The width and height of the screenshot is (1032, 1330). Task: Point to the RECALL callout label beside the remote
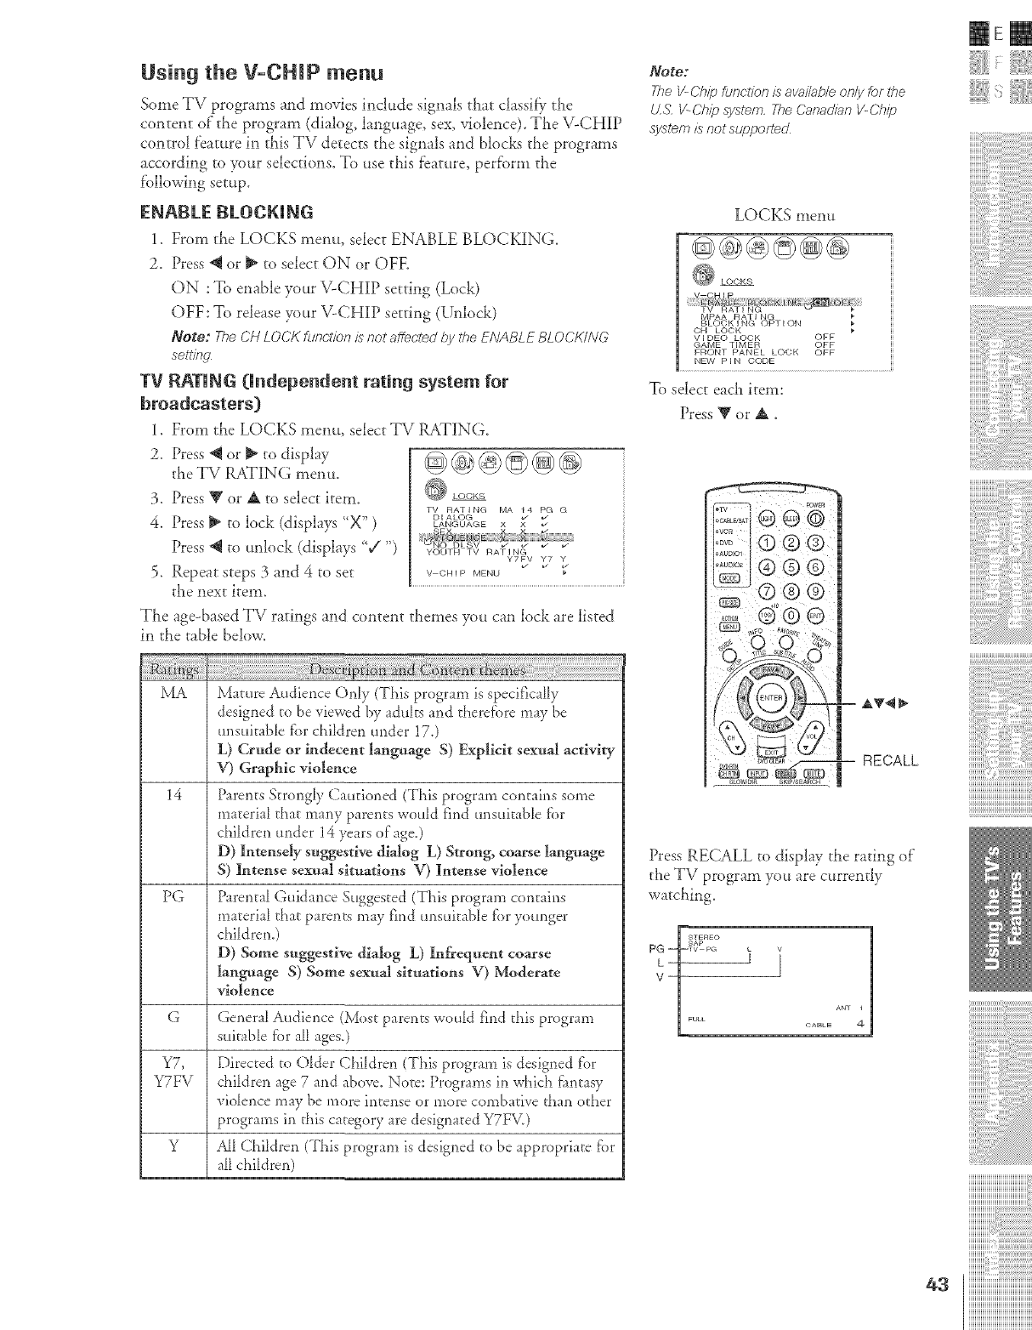tap(890, 760)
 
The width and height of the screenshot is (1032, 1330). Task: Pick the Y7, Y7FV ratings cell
tap(173, 1072)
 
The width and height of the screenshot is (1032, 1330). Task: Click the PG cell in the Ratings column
tap(173, 897)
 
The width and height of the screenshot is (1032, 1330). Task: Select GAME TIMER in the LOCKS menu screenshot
tap(730, 344)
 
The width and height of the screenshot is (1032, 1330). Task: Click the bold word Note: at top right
tap(667, 72)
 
